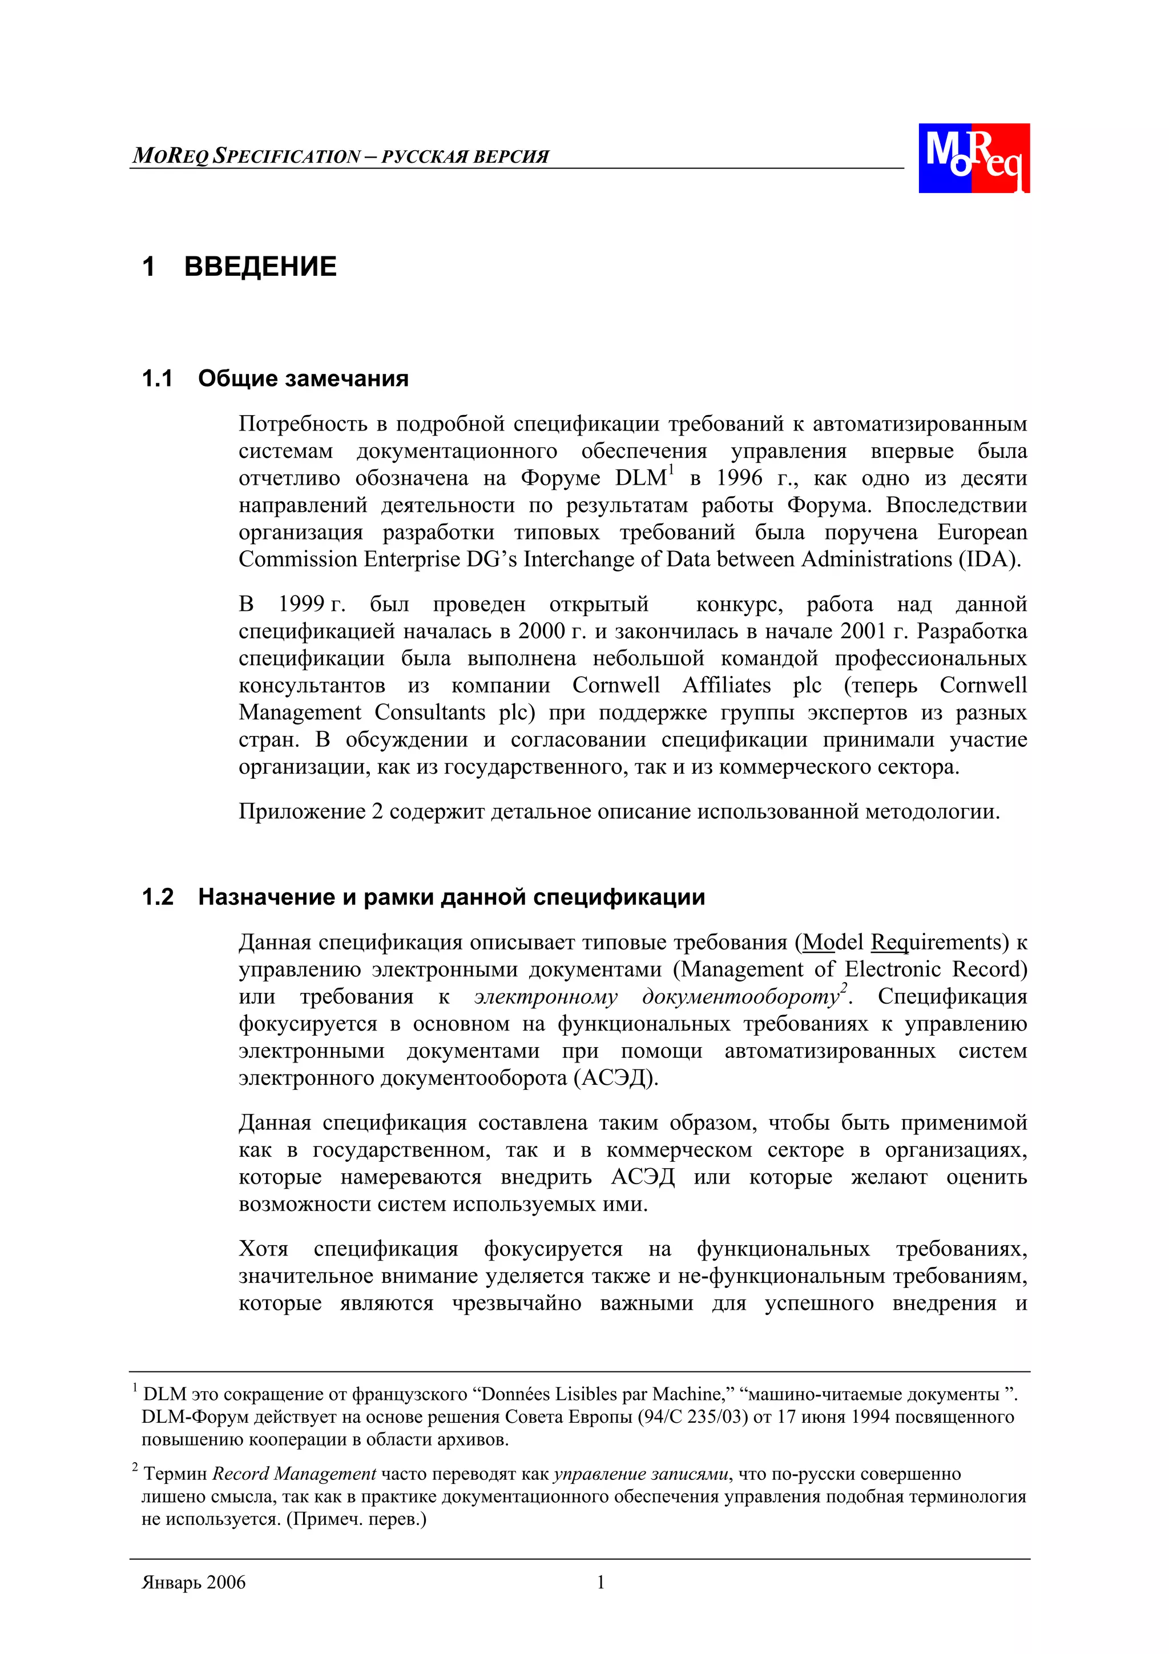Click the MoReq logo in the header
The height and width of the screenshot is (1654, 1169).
click(x=973, y=158)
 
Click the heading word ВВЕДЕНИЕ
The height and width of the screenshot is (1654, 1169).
click(x=260, y=267)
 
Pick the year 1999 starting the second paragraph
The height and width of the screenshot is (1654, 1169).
click(x=301, y=605)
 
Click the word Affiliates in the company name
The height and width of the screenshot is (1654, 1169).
click(x=726, y=685)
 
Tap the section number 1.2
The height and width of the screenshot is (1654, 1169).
click(x=158, y=897)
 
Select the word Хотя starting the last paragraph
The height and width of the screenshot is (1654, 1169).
click(x=264, y=1249)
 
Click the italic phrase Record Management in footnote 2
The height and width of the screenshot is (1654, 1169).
click(x=294, y=1474)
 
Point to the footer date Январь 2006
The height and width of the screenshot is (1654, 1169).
click(x=194, y=1583)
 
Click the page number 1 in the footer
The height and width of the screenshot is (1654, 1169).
click(x=600, y=1582)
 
